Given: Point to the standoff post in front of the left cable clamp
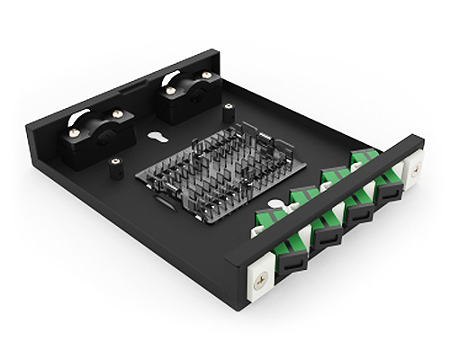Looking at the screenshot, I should click(115, 166).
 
